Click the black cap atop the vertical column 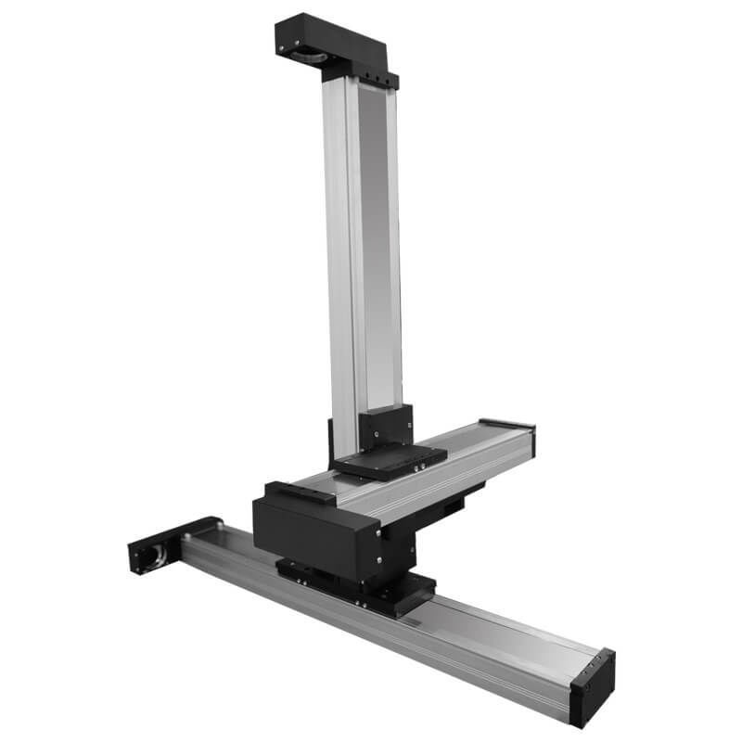334,42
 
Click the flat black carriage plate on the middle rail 390,459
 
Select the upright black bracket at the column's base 385,429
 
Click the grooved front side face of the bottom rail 371,631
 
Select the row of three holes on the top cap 377,77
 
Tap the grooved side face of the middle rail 445,478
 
